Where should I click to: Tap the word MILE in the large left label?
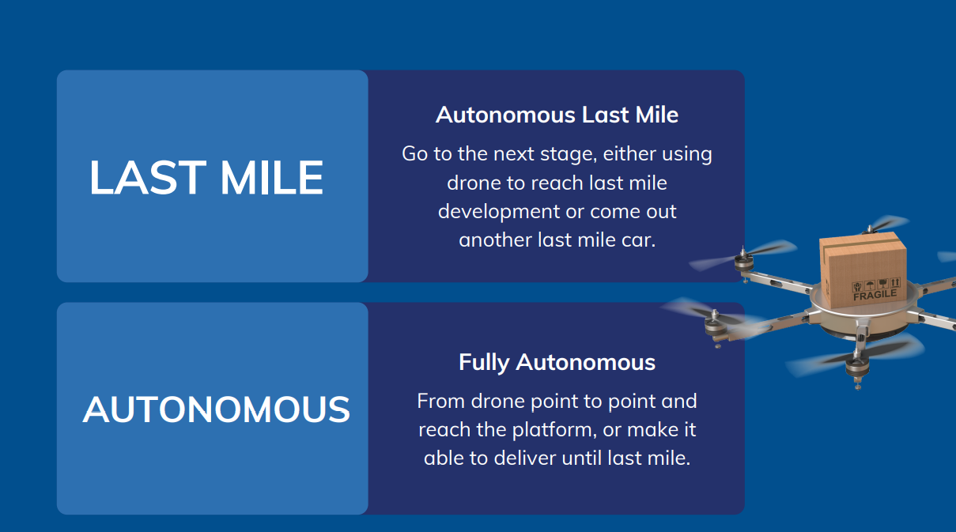coord(271,177)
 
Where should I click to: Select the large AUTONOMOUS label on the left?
coord(217,409)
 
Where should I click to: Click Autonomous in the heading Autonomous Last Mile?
coord(505,115)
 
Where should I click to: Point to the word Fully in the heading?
coord(484,363)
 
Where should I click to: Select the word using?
coord(687,155)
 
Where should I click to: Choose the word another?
coord(495,240)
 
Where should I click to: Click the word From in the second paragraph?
coord(441,401)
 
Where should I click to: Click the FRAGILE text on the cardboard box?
coord(875,295)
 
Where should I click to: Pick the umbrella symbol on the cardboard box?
coord(869,285)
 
